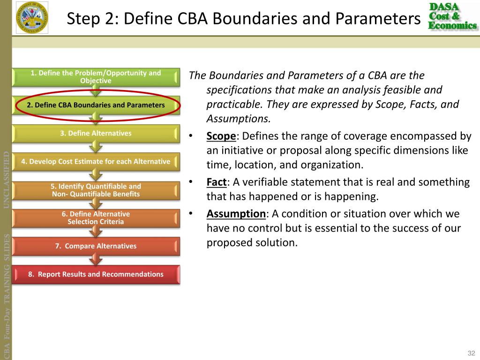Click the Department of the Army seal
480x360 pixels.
tap(32, 18)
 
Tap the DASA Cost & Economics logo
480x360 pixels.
tap(452, 16)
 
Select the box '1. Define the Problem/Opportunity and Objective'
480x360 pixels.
tap(96, 77)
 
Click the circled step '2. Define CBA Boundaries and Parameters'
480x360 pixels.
tap(96, 105)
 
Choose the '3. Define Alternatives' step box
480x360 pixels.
tap(96, 133)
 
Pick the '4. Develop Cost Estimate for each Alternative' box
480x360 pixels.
tap(96, 162)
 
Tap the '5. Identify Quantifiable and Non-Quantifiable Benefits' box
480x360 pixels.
tap(96, 190)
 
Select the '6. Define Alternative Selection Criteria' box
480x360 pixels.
tap(96, 218)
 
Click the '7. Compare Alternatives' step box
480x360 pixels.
tap(96, 246)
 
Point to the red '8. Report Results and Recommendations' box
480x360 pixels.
tap(96, 274)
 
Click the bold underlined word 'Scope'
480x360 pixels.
tap(221, 136)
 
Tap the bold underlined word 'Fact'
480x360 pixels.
tap(217, 182)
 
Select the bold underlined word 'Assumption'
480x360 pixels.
tap(236, 214)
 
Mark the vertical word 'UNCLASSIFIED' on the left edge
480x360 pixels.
tap(7, 180)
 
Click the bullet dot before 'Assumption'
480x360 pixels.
tap(191, 214)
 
